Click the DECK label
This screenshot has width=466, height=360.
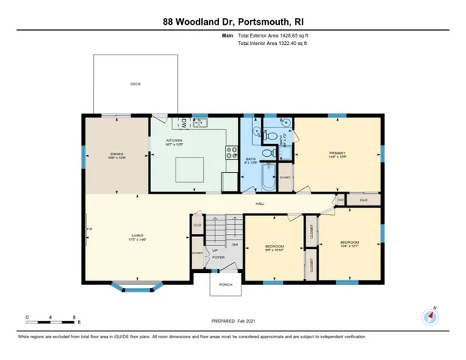point(135,84)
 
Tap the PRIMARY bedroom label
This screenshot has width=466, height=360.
point(336,154)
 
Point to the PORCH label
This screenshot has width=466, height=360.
point(225,284)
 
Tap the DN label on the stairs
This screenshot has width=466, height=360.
point(234,244)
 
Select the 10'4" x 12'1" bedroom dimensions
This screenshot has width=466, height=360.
point(349,247)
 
